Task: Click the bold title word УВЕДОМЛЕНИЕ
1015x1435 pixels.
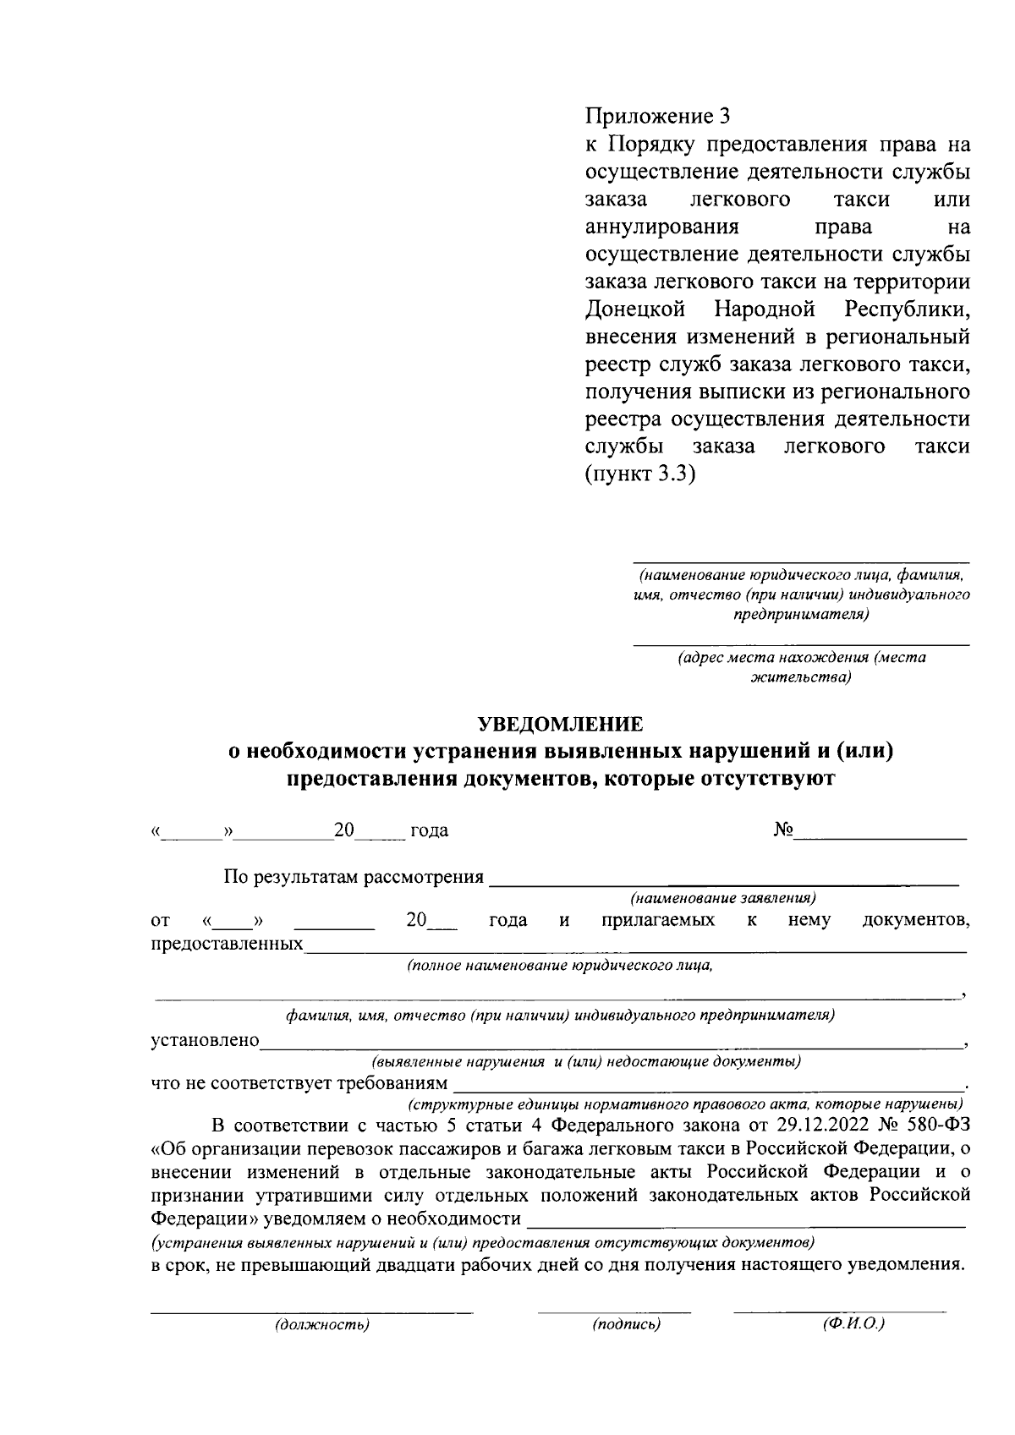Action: coord(560,724)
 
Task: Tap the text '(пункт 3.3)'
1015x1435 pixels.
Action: coord(639,474)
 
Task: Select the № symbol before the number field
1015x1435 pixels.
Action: coord(782,830)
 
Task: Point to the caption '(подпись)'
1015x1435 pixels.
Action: coord(626,1324)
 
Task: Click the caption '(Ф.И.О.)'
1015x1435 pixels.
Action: coord(853,1323)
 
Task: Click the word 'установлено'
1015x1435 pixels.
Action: coord(205,1040)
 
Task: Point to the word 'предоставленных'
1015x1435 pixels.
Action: coord(228,943)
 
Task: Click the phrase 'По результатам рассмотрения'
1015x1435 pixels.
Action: coord(354,877)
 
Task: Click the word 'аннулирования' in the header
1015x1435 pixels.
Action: coord(662,227)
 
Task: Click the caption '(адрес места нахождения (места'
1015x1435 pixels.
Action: coord(801,658)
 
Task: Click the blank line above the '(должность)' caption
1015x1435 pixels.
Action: coord(311,1311)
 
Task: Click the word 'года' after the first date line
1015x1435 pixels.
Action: coord(429,831)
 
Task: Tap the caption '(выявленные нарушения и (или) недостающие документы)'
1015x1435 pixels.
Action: coord(586,1060)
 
